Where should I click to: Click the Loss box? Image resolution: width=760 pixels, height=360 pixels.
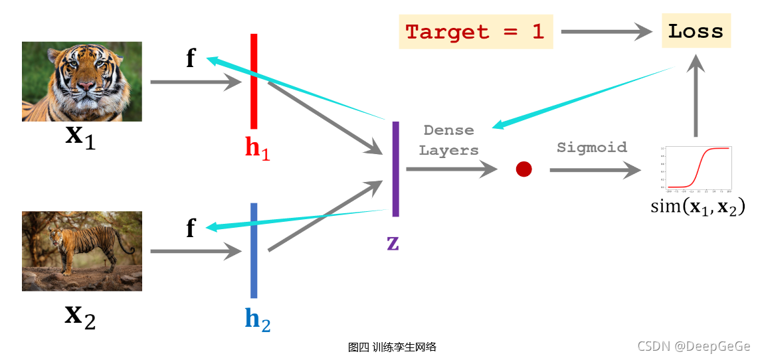(696, 31)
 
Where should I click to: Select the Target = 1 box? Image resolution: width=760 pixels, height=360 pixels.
(475, 31)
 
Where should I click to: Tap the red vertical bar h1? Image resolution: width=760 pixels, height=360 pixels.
(254, 81)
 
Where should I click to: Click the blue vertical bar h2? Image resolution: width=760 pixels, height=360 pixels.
(254, 250)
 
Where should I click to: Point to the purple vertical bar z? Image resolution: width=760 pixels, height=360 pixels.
(396, 169)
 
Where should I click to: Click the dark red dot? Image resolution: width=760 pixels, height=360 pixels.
(524, 169)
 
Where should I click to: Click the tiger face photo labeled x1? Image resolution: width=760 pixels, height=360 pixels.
(82, 81)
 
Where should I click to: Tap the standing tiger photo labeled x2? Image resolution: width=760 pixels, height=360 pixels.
(82, 251)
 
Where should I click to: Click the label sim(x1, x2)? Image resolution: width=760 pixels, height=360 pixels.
(698, 206)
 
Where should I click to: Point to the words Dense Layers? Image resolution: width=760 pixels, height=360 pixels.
(449, 140)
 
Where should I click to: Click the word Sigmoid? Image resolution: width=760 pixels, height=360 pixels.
(591, 147)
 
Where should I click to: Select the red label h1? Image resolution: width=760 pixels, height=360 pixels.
(258, 148)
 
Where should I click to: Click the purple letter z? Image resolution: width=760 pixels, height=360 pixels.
(393, 243)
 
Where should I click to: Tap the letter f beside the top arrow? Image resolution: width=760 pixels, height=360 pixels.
(191, 59)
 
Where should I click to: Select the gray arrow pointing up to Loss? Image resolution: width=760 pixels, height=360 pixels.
(696, 96)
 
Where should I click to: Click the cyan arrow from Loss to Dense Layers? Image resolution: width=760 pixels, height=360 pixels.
(585, 96)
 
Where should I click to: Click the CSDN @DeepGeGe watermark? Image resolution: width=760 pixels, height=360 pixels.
(694, 346)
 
